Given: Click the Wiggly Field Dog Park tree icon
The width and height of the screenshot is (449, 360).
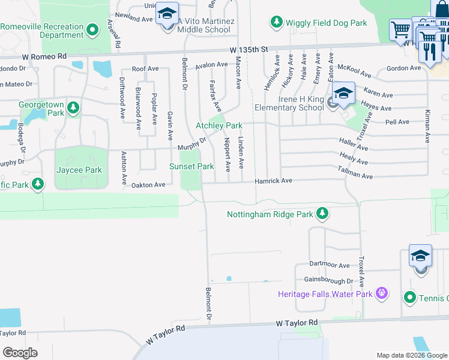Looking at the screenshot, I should (x=276, y=23).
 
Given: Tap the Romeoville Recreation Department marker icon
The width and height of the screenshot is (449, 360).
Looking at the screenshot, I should (x=92, y=29).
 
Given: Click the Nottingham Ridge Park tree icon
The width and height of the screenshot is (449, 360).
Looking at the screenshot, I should (x=322, y=214).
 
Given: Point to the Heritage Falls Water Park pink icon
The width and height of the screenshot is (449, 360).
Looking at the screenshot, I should (x=381, y=293).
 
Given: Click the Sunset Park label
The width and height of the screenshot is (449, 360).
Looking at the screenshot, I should (x=191, y=166).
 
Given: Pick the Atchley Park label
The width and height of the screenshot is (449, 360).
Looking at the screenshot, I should (x=218, y=125).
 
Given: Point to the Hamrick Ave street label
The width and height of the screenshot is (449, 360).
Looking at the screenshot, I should (x=273, y=180).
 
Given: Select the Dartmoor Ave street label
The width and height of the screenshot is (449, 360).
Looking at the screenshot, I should (x=330, y=265).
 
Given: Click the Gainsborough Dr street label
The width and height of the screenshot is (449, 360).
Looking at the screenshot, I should (x=328, y=281).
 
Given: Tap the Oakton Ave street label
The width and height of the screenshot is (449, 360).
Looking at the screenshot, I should (x=148, y=185).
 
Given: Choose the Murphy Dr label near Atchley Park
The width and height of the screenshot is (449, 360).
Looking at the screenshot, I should (x=191, y=144).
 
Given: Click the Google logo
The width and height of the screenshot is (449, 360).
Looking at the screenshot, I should (x=20, y=353).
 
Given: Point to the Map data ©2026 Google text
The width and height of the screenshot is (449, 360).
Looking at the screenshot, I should (x=412, y=355).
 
